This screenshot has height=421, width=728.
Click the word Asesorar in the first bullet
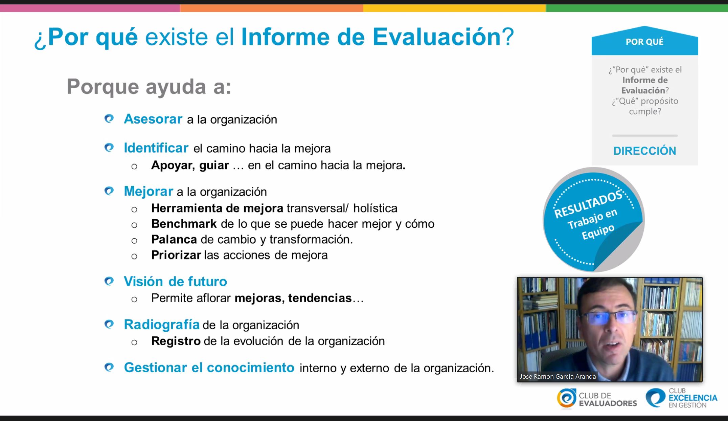tap(153, 119)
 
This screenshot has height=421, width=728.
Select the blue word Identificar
tap(156, 148)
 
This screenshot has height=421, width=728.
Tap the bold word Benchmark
tap(184, 224)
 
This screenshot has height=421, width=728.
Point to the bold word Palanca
tap(174, 239)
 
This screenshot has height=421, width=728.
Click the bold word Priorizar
tap(176, 255)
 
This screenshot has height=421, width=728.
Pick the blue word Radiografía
tap(162, 325)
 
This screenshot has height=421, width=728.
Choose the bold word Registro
tap(176, 341)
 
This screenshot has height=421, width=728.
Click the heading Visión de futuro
tap(175, 281)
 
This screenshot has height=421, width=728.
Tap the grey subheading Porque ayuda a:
tap(149, 87)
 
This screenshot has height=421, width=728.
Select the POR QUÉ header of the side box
tap(644, 42)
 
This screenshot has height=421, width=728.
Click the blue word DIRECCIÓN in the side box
tap(644, 151)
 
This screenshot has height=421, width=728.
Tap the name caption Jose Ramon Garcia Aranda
tap(558, 376)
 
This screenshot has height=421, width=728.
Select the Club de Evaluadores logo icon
tap(566, 398)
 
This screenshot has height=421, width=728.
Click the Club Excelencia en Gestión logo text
tap(692, 398)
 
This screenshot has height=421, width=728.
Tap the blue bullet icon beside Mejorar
tap(109, 191)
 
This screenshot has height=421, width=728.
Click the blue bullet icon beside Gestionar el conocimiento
tap(109, 367)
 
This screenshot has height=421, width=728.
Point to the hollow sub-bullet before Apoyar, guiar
tap(134, 166)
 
